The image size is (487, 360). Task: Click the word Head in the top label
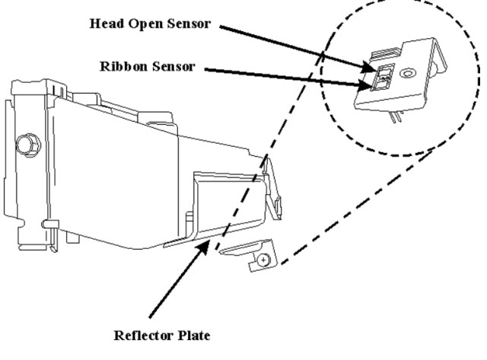(x=103, y=23)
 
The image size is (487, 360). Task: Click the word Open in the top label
(x=142, y=23)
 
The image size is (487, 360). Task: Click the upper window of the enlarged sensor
(x=384, y=72)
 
